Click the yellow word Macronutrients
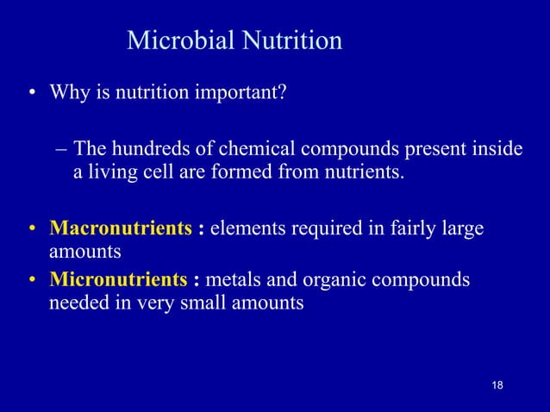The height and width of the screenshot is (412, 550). pyautogui.click(x=121, y=229)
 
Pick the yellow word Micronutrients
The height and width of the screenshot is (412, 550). pyautogui.click(x=118, y=280)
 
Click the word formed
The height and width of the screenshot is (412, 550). pyautogui.click(x=240, y=173)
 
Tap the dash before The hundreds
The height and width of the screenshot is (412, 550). pyautogui.click(x=60, y=151)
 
